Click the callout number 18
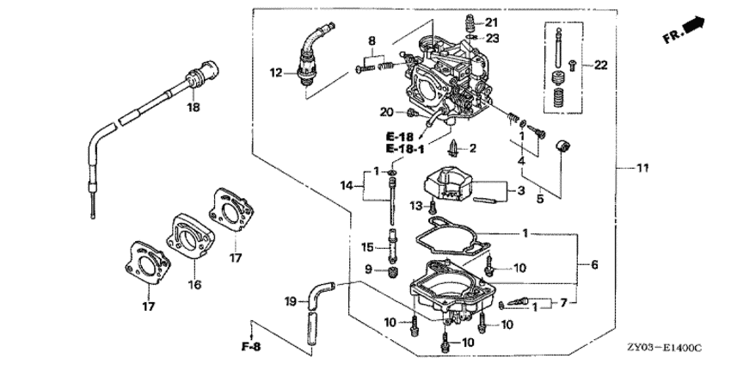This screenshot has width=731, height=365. click(193, 108)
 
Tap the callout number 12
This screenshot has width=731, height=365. click(275, 74)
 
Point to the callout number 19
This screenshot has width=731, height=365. click(291, 300)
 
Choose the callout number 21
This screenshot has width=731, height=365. click(492, 22)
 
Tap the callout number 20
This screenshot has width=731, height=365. click(386, 112)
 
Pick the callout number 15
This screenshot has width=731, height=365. click(366, 247)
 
